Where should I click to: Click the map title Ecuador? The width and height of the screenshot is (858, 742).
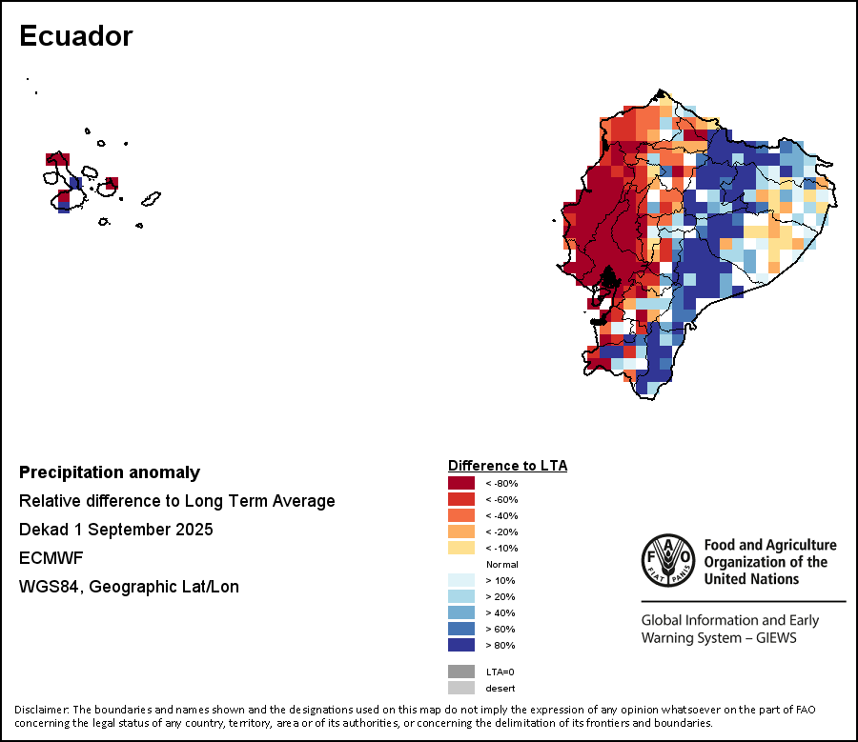[x=75, y=36]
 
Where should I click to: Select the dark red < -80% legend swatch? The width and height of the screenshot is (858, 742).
[x=461, y=483]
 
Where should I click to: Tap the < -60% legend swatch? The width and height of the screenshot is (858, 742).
[x=461, y=499]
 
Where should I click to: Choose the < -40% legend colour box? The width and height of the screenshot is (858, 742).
[x=461, y=515]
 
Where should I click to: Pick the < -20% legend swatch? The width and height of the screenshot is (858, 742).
[x=461, y=531]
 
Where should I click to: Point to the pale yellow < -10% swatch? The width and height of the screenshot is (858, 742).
[x=461, y=548]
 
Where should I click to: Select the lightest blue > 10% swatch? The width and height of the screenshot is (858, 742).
[x=461, y=580]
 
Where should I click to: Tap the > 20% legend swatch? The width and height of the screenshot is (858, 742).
[x=461, y=596]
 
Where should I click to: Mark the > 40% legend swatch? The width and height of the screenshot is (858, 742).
[x=461, y=612]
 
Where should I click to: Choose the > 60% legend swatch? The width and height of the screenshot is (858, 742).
[x=461, y=629]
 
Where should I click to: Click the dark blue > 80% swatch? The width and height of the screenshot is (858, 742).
[x=461, y=645]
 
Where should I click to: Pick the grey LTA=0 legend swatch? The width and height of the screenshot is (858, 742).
[x=461, y=672]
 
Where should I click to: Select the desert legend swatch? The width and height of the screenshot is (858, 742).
[x=461, y=688]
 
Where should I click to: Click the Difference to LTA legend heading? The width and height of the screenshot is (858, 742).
[x=507, y=466]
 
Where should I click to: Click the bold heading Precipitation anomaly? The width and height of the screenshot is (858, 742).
[x=110, y=472]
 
